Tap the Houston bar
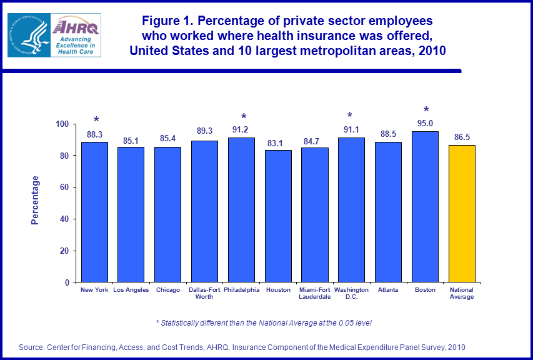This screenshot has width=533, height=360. [x=278, y=216]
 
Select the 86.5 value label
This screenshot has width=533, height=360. [x=462, y=137]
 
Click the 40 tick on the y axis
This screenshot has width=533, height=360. [x=64, y=219]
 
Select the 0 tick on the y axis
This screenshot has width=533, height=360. [x=66, y=282]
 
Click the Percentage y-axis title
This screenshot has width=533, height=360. [x=36, y=201]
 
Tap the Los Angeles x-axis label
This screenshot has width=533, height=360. [x=131, y=290]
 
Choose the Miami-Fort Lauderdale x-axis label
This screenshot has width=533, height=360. [x=315, y=293]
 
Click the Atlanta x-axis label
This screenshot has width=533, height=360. [x=388, y=290]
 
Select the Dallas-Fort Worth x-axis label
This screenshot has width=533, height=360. [x=204, y=293]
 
